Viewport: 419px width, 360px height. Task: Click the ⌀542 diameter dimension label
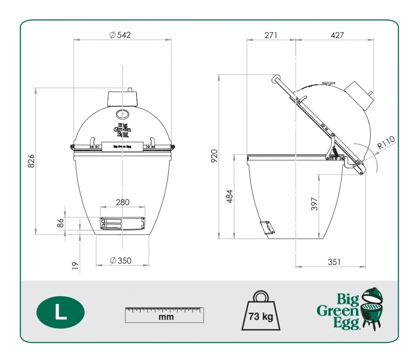(120, 35)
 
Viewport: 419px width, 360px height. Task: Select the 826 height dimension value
(31, 161)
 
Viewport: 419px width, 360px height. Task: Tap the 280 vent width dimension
(122, 202)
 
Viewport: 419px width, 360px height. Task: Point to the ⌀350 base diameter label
(120, 261)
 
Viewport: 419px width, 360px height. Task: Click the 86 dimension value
(61, 223)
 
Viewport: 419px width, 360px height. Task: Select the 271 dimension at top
(271, 35)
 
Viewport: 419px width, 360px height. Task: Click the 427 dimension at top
(337, 35)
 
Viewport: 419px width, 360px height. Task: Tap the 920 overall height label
(214, 156)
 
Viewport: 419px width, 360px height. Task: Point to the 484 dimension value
(229, 197)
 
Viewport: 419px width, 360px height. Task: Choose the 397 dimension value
(314, 204)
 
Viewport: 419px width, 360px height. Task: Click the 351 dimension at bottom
(334, 262)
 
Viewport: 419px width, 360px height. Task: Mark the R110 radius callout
(386, 142)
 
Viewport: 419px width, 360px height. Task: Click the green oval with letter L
(60, 312)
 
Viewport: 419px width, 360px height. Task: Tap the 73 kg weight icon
(261, 312)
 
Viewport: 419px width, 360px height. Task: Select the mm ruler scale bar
(164, 315)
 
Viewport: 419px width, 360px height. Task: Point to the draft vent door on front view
(122, 223)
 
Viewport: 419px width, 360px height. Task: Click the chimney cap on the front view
(122, 99)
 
